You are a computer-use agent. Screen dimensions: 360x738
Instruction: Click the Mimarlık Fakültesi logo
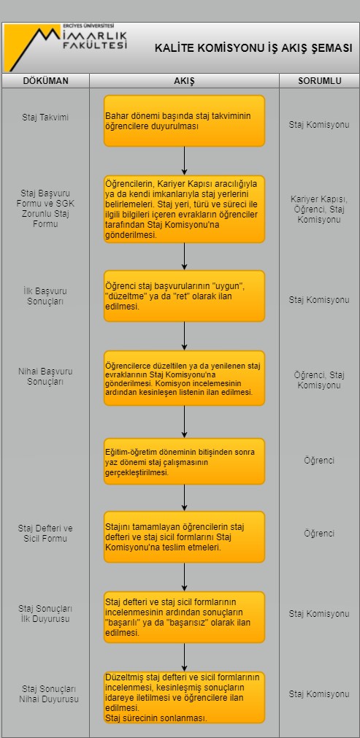(66, 47)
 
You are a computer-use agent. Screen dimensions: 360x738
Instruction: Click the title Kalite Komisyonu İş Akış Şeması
(253, 48)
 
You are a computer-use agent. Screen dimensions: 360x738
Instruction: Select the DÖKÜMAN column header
(46, 81)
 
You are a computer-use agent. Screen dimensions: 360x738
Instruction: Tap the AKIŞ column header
(185, 81)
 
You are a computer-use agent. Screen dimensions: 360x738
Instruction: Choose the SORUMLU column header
(320, 81)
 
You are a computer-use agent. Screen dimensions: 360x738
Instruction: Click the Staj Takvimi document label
(45, 118)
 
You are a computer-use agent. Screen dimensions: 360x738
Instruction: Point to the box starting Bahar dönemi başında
(185, 121)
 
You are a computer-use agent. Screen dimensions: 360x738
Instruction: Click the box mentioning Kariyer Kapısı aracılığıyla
(185, 209)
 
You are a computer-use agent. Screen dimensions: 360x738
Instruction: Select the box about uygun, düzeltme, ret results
(185, 296)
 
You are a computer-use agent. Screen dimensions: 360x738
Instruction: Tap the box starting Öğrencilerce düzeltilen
(185, 378)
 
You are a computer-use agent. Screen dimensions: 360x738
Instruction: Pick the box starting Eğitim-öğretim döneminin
(185, 461)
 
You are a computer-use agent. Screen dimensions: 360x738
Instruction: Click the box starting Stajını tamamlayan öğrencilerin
(185, 537)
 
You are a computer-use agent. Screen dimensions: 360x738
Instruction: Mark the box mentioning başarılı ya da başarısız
(185, 617)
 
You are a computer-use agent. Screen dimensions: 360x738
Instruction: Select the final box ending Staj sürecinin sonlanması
(185, 697)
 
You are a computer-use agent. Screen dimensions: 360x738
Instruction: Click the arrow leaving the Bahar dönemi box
(185, 161)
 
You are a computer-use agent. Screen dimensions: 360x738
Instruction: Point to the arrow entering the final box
(185, 657)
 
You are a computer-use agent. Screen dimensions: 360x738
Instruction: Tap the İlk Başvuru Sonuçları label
(45, 296)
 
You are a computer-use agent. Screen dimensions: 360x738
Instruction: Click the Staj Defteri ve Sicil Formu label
(45, 534)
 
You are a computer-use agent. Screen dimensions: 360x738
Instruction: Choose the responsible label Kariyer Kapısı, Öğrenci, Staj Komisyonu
(319, 209)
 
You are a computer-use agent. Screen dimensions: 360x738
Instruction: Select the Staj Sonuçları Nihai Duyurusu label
(49, 694)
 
